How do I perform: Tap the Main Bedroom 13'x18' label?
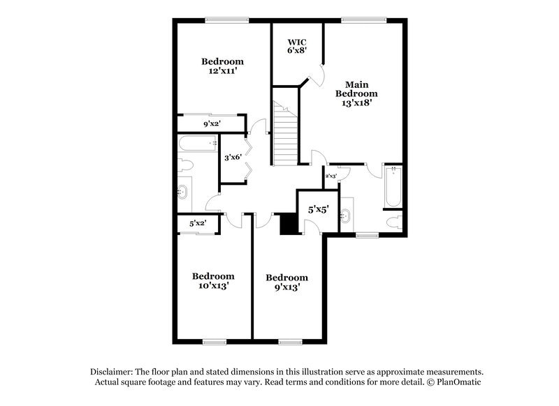tap(356, 93)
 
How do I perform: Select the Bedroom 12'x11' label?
tap(223, 66)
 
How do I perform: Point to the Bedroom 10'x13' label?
tap(213, 280)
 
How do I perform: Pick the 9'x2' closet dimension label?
tap(212, 125)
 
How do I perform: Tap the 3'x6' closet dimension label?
tap(233, 158)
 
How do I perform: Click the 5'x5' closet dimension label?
tap(319, 209)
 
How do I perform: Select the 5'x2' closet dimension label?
tap(198, 224)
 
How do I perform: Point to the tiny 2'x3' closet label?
tap(331, 176)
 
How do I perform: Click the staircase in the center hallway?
tap(284, 133)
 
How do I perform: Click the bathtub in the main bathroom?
tap(393, 186)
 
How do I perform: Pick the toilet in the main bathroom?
tap(394, 222)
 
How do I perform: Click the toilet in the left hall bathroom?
tap(184, 166)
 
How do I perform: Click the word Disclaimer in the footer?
tap(112, 372)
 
